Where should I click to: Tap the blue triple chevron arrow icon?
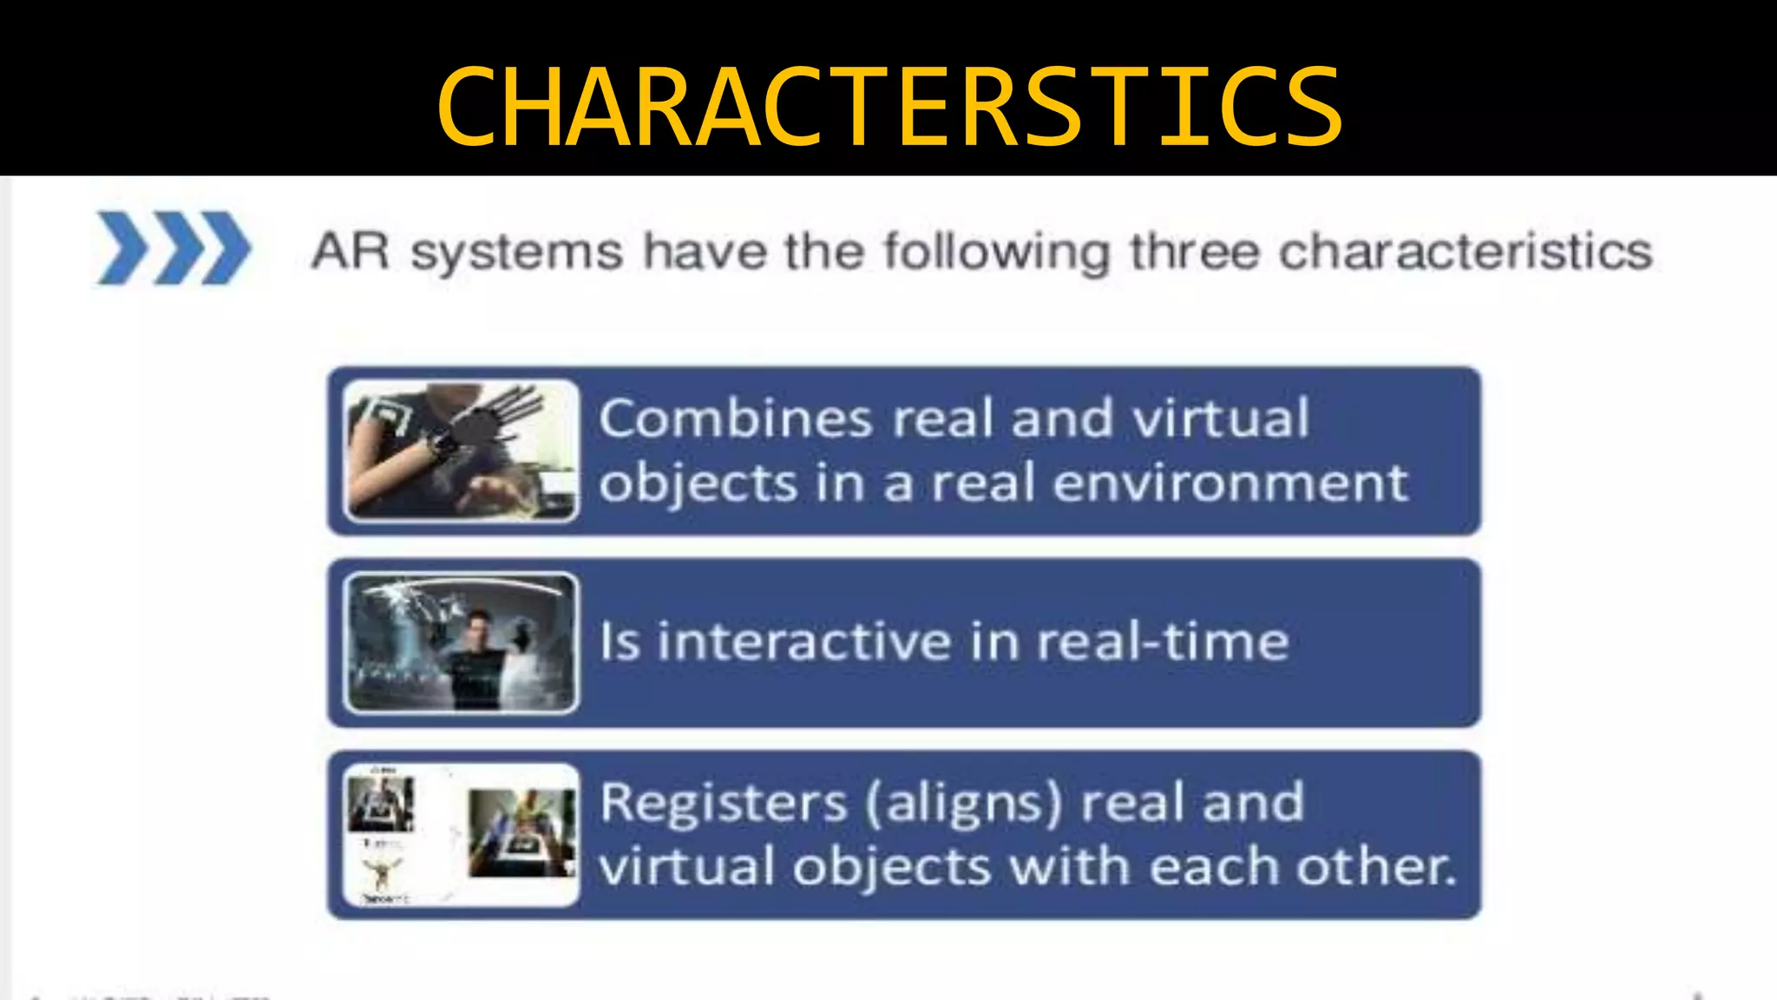[x=174, y=247]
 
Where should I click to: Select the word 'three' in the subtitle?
[x=1196, y=252]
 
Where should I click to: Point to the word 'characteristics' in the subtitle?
[x=1466, y=252]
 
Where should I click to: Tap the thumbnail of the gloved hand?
[x=461, y=451]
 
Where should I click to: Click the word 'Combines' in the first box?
[x=735, y=418]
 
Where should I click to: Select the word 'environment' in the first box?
[x=1229, y=483]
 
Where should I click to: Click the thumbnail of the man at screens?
[x=461, y=642]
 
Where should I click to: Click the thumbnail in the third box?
[x=461, y=834]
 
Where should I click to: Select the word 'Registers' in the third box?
[x=723, y=803]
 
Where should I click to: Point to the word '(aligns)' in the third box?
[x=963, y=803]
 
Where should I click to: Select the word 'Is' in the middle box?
[x=620, y=642]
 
